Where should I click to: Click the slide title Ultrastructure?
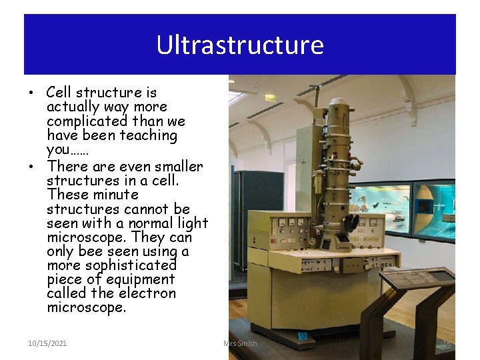[240, 45]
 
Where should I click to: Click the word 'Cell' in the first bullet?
[59, 93]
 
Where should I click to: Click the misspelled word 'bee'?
[91, 251]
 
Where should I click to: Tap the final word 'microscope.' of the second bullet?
[86, 307]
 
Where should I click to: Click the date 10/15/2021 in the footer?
[47, 343]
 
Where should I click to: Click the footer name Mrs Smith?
[240, 343]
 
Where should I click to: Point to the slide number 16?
[447, 343]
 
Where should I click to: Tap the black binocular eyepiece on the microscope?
[351, 223]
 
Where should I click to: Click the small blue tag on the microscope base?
[303, 337]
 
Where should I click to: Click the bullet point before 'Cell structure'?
[33, 93]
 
